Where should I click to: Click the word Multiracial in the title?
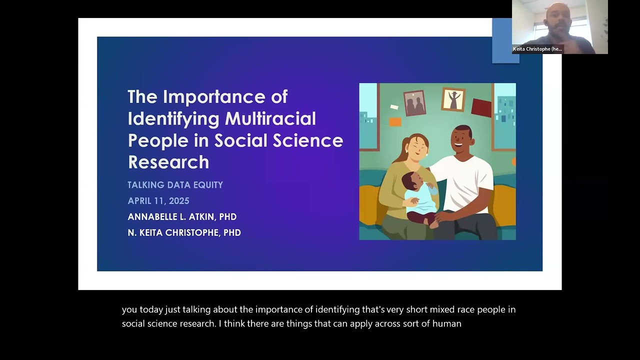click(270, 118)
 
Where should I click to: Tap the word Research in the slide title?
click(168, 162)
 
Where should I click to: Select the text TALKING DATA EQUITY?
click(175, 185)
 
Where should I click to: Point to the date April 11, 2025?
click(158, 201)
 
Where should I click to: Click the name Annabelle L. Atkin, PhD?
click(182, 216)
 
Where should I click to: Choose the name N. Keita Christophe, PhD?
click(184, 232)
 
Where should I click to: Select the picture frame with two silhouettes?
click(414, 103)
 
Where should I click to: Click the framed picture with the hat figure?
click(453, 99)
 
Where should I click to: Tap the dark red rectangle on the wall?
click(481, 107)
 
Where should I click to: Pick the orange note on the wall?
click(395, 122)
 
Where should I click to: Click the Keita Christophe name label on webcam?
click(537, 49)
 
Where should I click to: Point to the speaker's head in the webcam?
click(558, 16)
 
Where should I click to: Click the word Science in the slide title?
click(307, 140)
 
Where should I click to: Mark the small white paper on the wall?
click(394, 107)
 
